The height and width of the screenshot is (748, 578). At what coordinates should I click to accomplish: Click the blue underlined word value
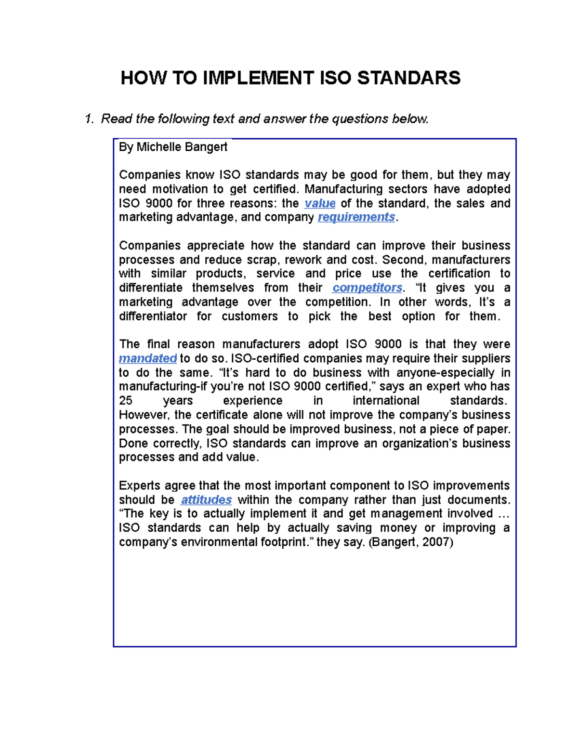point(320,203)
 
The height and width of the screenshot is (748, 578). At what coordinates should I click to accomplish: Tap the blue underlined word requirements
point(356,217)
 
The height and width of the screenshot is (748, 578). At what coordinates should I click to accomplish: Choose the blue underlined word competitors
point(367,288)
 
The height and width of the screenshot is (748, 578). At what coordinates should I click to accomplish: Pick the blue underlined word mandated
point(147,358)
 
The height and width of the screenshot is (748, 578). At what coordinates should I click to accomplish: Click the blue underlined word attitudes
point(206,500)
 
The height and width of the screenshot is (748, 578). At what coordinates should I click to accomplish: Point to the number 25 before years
point(126,401)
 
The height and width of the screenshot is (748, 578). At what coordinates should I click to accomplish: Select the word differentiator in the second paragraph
point(153,316)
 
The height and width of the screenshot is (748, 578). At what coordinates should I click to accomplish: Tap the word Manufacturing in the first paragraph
point(343,189)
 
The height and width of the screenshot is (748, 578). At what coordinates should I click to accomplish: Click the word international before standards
point(386,401)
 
